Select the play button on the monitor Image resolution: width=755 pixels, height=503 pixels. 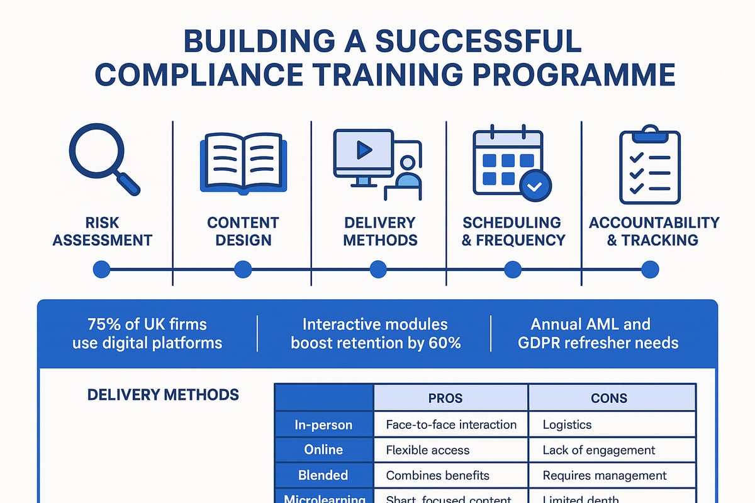(x=363, y=150)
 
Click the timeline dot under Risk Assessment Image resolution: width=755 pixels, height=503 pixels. (x=101, y=270)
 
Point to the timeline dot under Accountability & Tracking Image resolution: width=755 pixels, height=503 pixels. (x=649, y=270)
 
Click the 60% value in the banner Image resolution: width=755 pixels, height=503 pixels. (x=446, y=343)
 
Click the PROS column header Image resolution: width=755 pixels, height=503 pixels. (x=445, y=398)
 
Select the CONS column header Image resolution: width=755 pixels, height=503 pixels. (x=609, y=398)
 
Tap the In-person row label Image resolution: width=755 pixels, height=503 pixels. (x=323, y=424)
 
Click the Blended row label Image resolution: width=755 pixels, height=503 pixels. (x=323, y=475)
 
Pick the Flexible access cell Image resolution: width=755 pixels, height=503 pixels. (x=427, y=450)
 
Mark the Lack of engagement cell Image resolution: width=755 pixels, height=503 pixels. (x=598, y=450)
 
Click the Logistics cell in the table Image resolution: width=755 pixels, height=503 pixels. (x=567, y=424)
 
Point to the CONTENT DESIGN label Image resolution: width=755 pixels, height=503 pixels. (x=242, y=231)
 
